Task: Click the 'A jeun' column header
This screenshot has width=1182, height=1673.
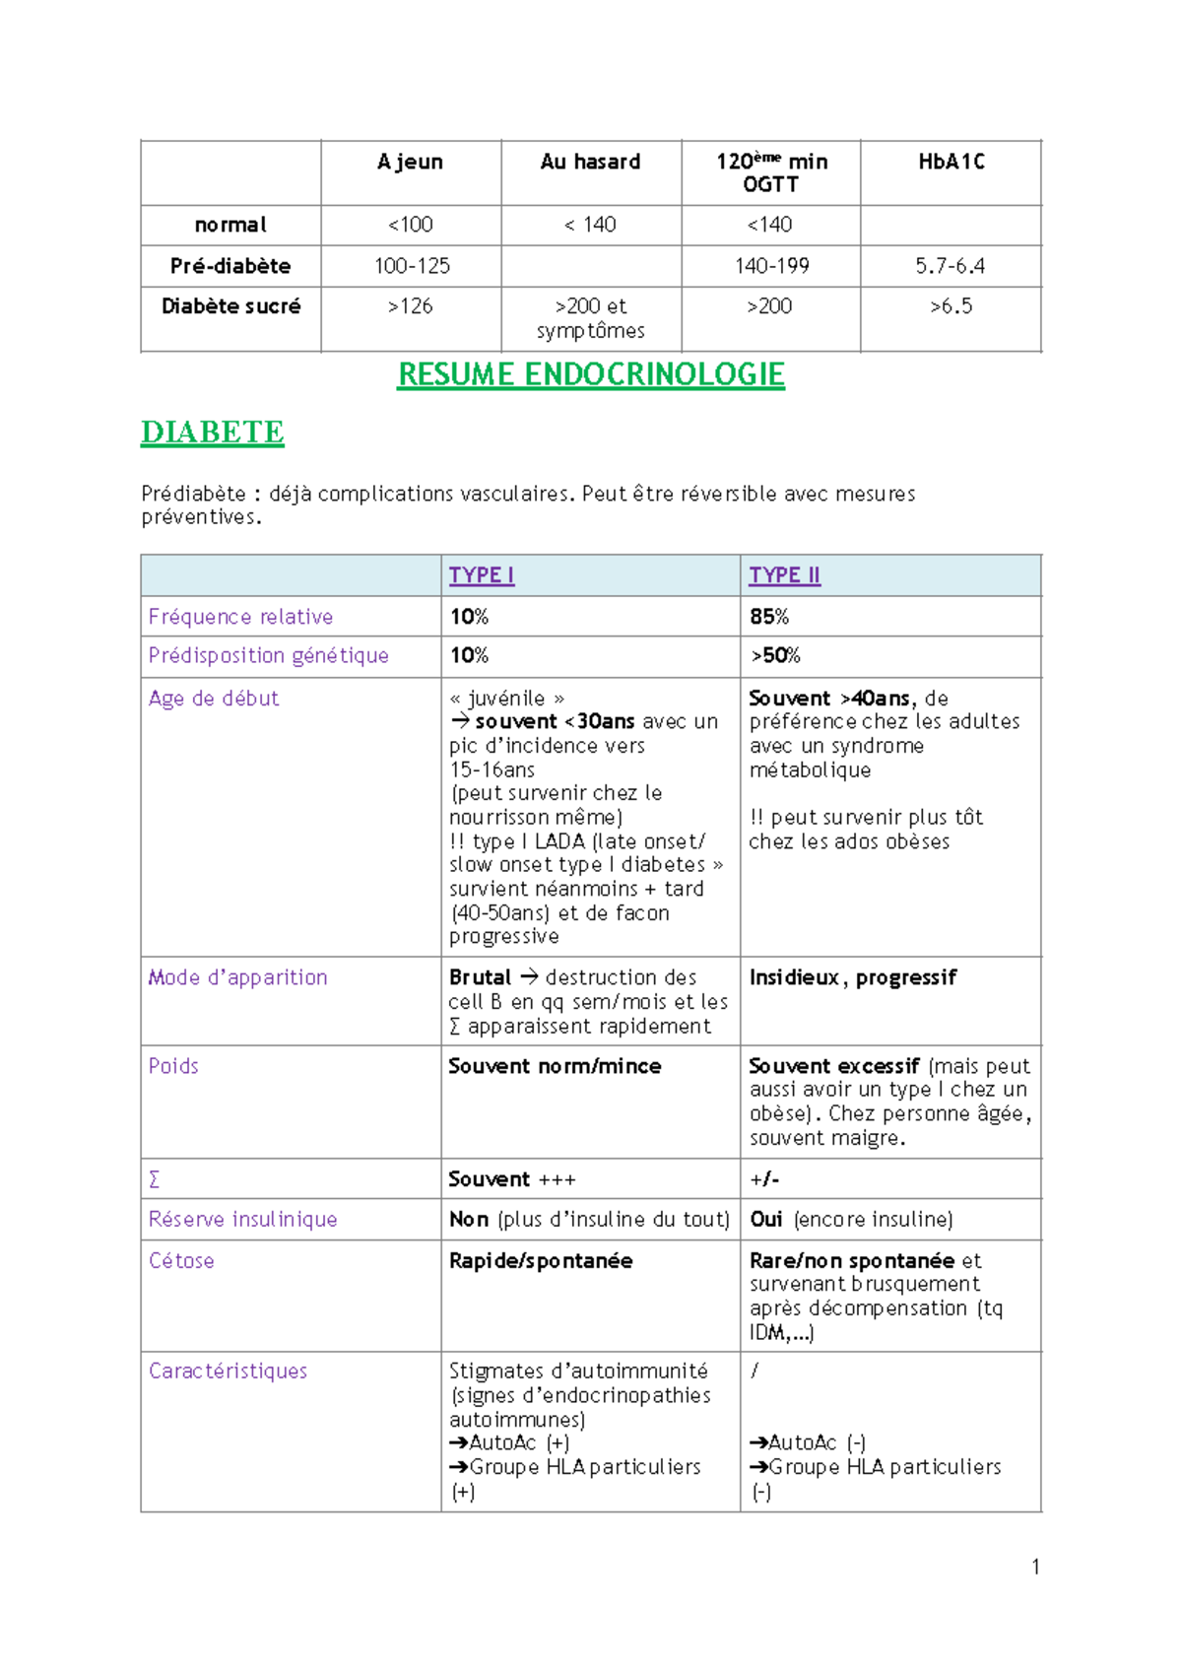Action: coord(410,162)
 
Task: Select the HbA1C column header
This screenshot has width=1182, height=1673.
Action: coord(951,162)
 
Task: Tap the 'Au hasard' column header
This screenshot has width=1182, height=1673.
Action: coord(590,162)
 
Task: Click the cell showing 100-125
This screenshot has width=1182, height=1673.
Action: coord(412,266)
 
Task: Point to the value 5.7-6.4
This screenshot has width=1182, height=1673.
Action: coord(950,266)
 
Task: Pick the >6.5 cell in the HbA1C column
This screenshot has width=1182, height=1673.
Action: coord(951,306)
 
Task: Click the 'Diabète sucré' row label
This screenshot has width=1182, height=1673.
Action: coord(230,306)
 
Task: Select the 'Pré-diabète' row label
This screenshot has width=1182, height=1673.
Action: coord(230,266)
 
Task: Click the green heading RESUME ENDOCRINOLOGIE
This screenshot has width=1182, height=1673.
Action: coord(590,374)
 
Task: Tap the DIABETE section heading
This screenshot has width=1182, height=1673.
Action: coord(212,432)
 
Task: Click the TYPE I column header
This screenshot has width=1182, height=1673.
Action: coord(481,575)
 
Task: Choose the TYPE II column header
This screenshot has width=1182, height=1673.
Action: coord(784,575)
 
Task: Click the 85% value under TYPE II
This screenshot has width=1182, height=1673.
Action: coord(769,617)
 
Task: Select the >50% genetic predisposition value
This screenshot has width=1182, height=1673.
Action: coord(775,656)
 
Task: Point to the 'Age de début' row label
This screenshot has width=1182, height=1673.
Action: coord(214,699)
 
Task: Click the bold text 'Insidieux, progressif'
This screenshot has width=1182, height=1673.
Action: coord(852,977)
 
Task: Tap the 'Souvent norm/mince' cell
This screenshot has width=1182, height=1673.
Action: coord(555,1066)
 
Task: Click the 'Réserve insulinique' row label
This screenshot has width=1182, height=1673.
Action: coord(242,1220)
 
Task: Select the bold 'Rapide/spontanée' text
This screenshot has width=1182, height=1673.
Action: coord(541,1261)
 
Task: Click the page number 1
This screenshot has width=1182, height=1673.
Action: coord(1035,1567)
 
